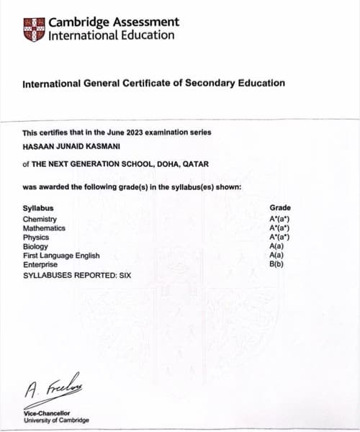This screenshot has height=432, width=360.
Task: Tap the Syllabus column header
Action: click(x=37, y=208)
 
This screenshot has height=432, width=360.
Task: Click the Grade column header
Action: click(x=279, y=208)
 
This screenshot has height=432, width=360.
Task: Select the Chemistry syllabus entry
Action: click(x=40, y=219)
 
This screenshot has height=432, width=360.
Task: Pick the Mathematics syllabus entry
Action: click(x=44, y=228)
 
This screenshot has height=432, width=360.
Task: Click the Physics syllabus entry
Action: click(x=35, y=237)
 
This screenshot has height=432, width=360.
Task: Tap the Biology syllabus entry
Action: click(x=35, y=246)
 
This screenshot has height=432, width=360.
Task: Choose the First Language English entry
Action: click(x=61, y=256)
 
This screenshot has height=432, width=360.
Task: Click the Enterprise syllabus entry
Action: click(x=40, y=265)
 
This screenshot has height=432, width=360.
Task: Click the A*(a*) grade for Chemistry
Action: click(x=279, y=219)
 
